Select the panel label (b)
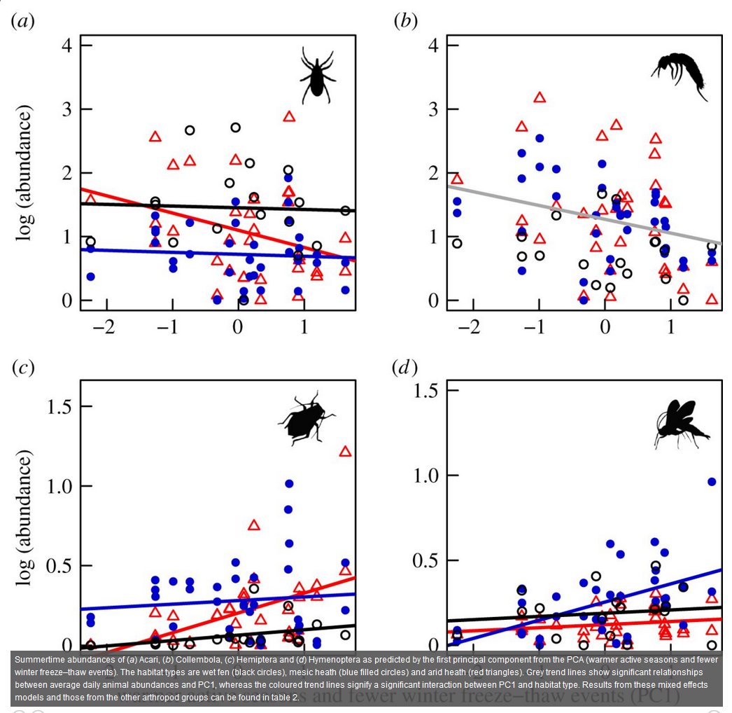click(x=406, y=21)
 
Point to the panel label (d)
click(x=406, y=368)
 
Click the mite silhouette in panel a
click(x=317, y=71)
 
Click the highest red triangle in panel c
click(x=345, y=451)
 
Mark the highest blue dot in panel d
click(x=712, y=481)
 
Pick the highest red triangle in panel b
click(x=540, y=97)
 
